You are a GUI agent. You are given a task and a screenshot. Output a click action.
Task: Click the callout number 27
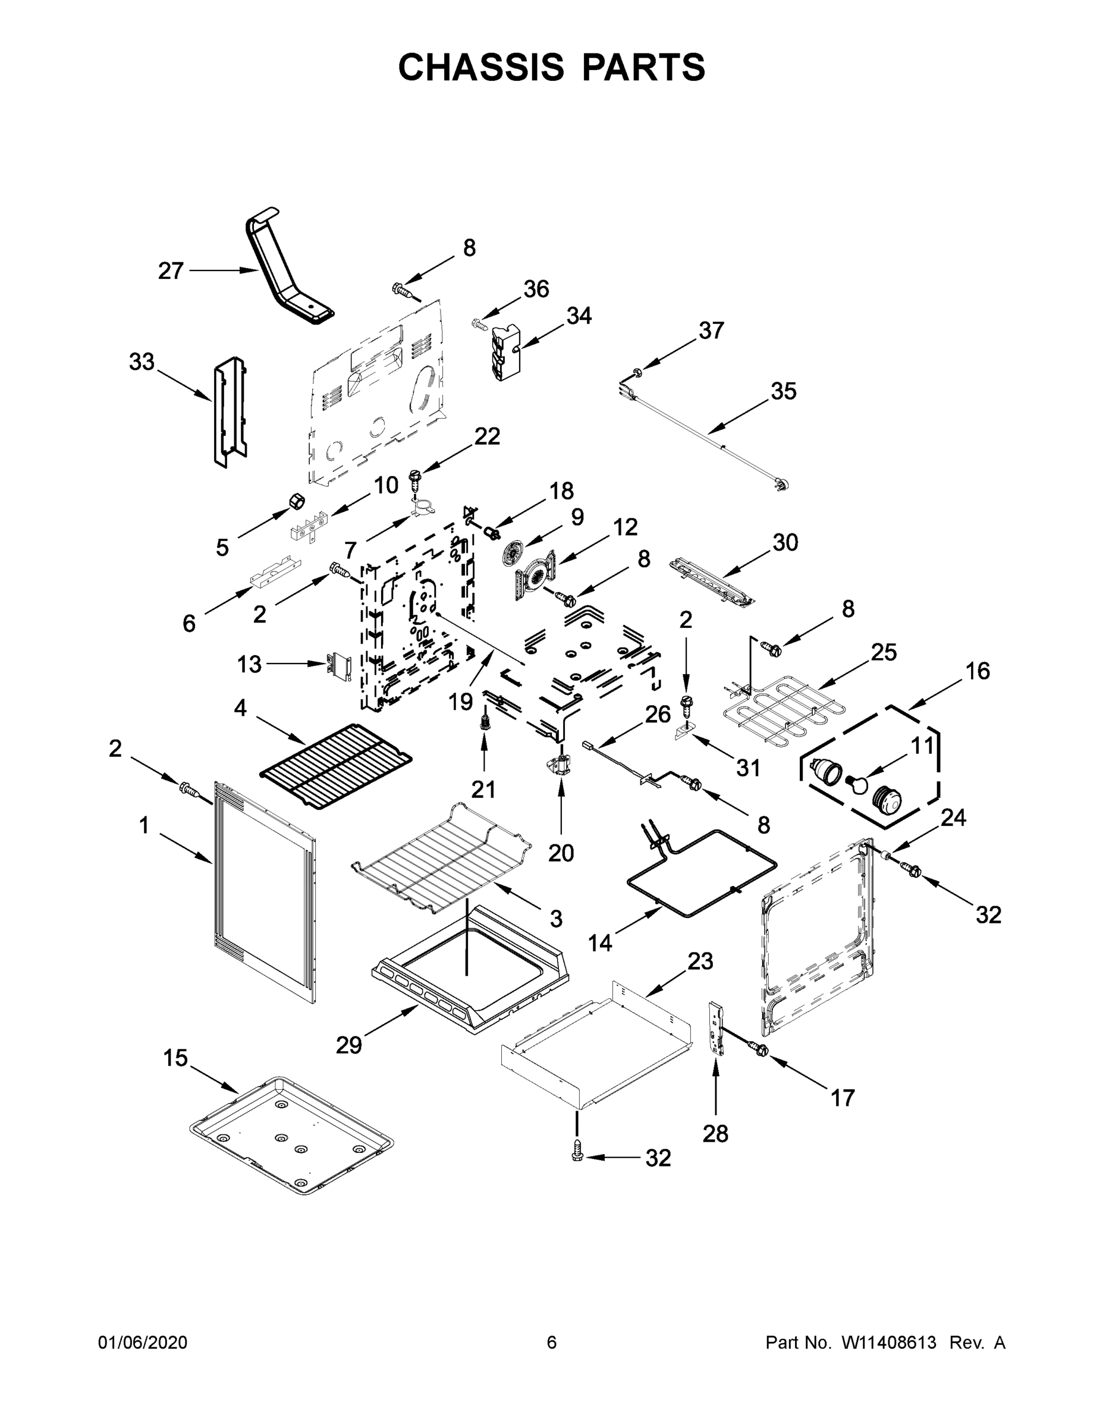171,271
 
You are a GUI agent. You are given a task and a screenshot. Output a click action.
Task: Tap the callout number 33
141,362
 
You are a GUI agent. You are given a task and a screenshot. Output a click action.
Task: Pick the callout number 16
977,671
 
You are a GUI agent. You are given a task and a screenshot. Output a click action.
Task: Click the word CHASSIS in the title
481,67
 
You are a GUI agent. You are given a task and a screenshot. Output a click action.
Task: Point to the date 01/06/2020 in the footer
143,1343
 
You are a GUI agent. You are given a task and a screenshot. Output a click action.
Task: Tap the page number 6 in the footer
552,1343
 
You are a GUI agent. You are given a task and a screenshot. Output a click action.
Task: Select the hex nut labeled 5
297,502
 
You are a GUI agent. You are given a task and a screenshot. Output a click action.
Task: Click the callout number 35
784,391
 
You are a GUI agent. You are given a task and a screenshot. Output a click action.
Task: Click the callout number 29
348,1045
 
